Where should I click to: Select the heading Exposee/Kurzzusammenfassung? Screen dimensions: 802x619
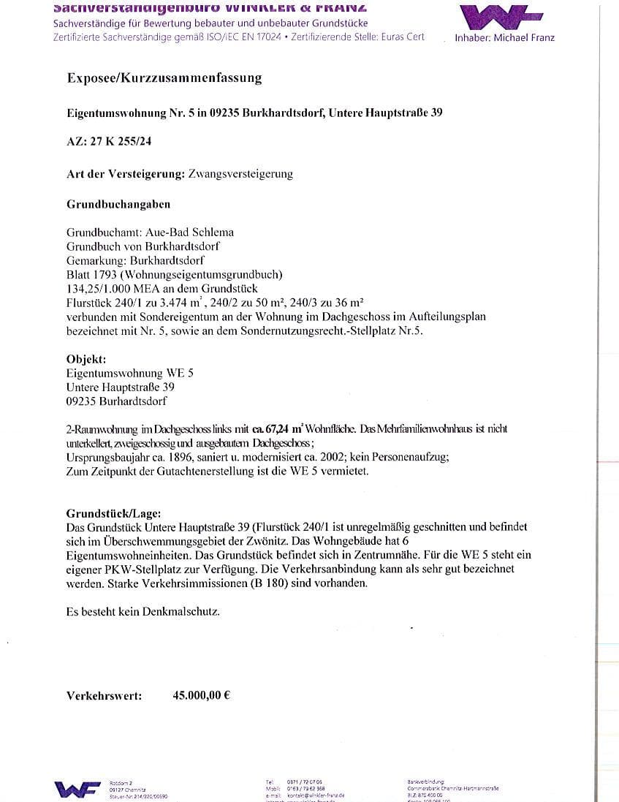164,77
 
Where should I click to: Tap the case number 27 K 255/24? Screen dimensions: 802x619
121,142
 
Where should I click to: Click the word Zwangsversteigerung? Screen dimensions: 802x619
240,174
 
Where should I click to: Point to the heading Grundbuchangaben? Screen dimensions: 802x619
118,205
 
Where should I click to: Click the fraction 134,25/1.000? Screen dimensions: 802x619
99,288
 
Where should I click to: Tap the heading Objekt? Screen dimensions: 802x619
86,359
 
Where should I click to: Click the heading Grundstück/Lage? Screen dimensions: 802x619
114,513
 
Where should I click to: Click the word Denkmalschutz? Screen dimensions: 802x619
183,610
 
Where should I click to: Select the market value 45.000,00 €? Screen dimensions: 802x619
201,695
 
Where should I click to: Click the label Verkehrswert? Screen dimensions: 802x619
105,696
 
